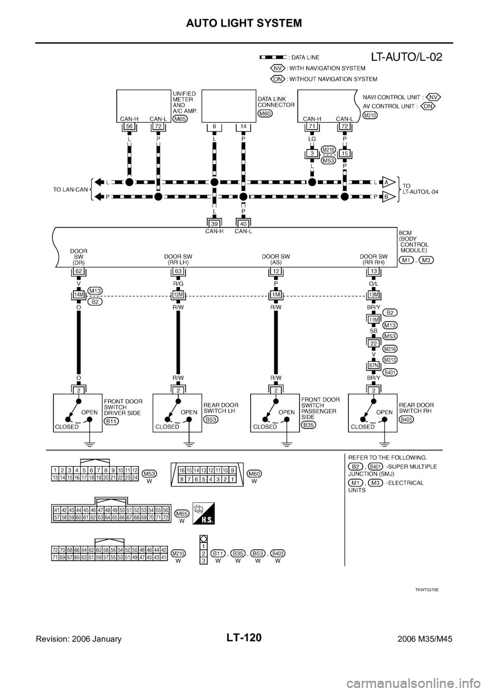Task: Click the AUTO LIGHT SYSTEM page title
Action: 244,23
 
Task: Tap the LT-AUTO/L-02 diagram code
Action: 406,57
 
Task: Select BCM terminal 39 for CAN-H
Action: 214,224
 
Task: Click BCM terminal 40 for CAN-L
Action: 243,224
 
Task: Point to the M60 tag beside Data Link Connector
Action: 265,114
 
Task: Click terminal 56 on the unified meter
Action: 129,126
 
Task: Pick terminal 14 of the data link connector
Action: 243,126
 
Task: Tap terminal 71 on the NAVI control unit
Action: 312,126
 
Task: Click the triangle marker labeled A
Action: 388,182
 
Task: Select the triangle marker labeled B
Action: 388,197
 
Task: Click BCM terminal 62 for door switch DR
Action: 79,271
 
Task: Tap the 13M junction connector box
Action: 373,295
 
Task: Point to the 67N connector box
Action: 373,365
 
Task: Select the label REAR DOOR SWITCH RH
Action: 416,408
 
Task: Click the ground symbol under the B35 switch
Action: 287,445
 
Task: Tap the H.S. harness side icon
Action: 203,514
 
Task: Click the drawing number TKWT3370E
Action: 427,590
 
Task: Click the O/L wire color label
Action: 373,283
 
